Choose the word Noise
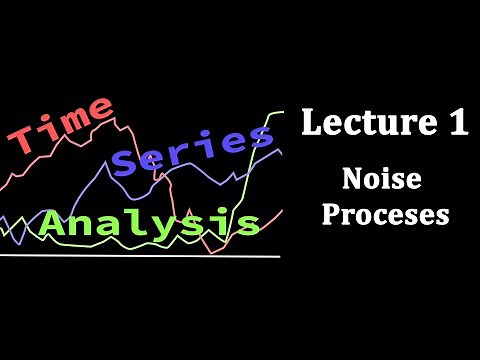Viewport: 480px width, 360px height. pyautogui.click(x=379, y=181)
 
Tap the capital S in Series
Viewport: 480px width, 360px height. pyautogui.click(x=129, y=159)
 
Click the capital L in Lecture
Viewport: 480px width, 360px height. pyautogui.click(x=312, y=126)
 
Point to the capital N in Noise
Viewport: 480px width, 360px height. pyautogui.click(x=351, y=181)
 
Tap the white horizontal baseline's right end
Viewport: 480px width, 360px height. pyautogui.click(x=280, y=256)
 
